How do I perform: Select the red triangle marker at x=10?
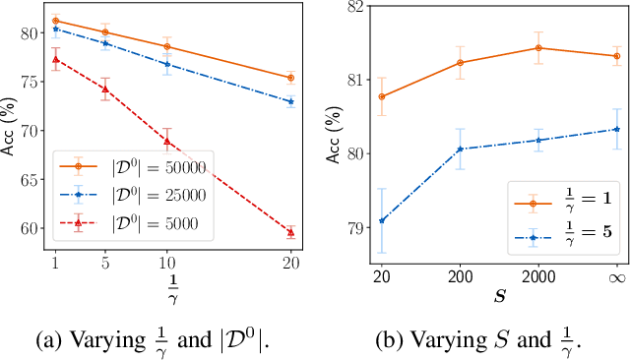(166, 141)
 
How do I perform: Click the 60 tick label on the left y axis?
(35, 228)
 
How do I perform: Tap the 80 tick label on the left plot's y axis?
(35, 33)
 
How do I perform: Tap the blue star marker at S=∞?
(616, 129)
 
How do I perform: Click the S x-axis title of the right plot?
(497, 291)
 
